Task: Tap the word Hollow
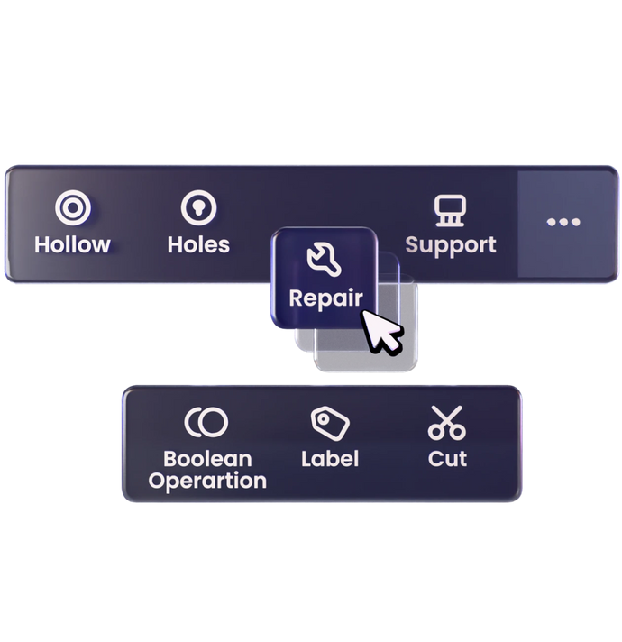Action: [x=72, y=244]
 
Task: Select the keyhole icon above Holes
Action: [x=198, y=208]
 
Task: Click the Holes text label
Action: [x=198, y=244]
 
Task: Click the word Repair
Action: [x=325, y=297]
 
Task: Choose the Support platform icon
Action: [x=450, y=210]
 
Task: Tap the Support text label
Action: [x=450, y=245]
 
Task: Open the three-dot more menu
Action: [x=563, y=222]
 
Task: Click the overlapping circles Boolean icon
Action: [x=206, y=422]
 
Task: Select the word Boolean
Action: [x=207, y=459]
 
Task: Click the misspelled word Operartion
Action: [x=207, y=481]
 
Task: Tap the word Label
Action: [x=330, y=458]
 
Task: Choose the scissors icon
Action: [x=446, y=422]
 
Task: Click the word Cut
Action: [x=447, y=458]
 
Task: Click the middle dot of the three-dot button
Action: [x=563, y=222]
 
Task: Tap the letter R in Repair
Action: [x=296, y=297]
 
